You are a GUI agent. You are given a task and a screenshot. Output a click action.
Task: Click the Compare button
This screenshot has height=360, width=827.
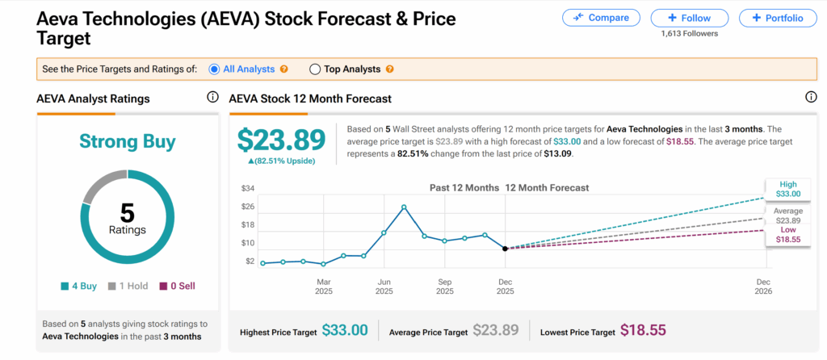point(601,17)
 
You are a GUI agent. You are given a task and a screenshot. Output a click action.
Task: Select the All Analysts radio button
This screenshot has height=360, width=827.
point(214,69)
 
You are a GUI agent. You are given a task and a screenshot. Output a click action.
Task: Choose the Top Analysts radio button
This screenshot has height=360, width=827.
point(315,69)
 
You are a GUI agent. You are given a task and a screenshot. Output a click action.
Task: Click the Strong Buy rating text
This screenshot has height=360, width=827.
point(128,142)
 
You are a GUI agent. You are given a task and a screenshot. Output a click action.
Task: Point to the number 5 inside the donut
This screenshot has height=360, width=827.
point(128,212)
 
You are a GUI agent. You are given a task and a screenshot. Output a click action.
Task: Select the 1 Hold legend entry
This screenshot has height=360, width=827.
point(130,286)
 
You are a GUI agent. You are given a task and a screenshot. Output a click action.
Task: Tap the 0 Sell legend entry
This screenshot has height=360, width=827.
point(177,286)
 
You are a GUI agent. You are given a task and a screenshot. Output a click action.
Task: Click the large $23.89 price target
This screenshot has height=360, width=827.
point(281,140)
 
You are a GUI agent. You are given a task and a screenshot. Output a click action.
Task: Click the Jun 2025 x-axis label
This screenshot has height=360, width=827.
point(384,287)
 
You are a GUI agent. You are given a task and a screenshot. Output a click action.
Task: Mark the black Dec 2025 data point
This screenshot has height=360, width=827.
point(505,249)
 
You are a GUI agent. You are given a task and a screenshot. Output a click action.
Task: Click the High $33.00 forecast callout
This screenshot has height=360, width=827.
point(787,189)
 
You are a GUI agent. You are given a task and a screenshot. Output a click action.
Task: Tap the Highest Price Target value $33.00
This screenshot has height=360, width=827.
point(345,330)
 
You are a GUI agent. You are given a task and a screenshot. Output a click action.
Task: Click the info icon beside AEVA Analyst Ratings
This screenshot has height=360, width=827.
point(212,98)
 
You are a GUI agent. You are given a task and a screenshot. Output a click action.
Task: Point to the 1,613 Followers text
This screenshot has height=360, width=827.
point(689,33)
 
